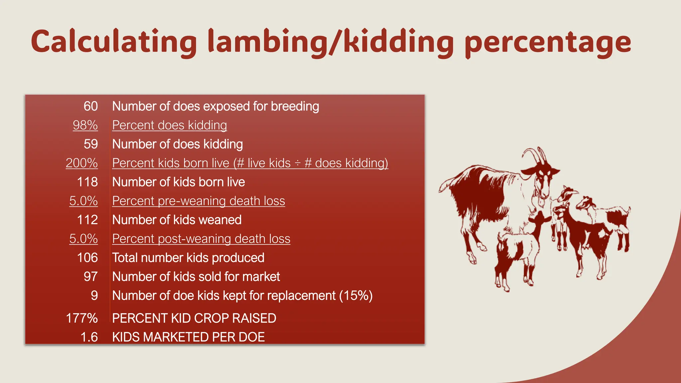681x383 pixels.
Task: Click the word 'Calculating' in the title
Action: click(114, 42)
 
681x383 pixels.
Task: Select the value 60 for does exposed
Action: click(90, 106)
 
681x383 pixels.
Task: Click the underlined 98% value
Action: click(85, 125)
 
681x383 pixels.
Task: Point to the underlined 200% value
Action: click(82, 163)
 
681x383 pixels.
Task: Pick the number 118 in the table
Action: click(87, 182)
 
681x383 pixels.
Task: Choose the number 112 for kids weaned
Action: click(87, 220)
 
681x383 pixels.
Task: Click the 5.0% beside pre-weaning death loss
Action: click(83, 201)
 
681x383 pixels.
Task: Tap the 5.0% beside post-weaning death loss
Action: click(83, 239)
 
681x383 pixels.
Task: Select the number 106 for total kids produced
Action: click(87, 258)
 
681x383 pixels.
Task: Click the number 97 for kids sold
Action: click(90, 277)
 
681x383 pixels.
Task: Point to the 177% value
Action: click(82, 319)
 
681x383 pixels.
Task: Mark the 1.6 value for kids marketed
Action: click(89, 337)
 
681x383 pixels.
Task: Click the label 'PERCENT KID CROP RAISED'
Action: click(194, 319)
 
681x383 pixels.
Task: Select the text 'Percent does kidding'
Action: click(170, 125)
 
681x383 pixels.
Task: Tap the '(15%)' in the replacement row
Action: click(356, 296)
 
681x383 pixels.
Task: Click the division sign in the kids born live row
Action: click(298, 163)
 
